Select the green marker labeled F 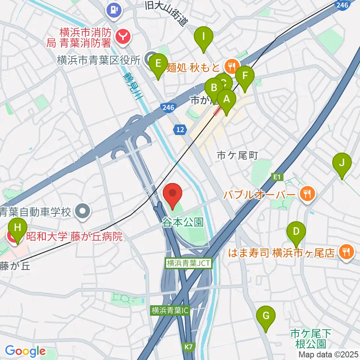(x=245, y=76)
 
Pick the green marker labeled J (x=342, y=163)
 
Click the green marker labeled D (x=296, y=232)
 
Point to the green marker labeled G (x=266, y=316)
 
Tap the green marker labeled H (x=17, y=228)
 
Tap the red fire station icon (x=123, y=36)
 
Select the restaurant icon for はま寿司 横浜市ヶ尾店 (x=345, y=253)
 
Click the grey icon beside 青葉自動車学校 (x=83, y=211)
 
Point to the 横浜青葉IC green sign (x=171, y=310)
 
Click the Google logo (x=25, y=351)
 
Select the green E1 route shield (x=277, y=176)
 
